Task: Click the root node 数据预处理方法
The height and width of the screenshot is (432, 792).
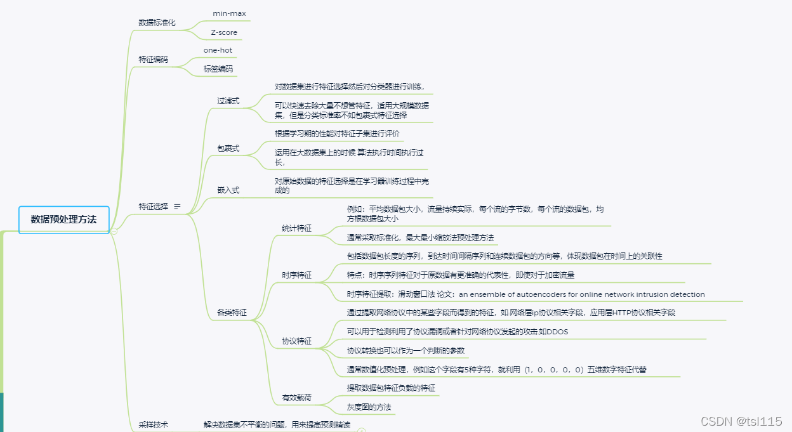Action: click(x=64, y=219)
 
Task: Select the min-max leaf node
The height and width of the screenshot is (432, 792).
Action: click(x=229, y=13)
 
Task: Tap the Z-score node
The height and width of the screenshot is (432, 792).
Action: click(x=224, y=32)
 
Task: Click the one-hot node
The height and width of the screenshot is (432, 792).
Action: click(x=213, y=49)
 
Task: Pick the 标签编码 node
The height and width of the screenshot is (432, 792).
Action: click(x=218, y=69)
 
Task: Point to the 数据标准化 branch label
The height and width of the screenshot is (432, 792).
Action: click(x=157, y=22)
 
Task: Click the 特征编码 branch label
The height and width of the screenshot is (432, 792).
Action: click(x=154, y=59)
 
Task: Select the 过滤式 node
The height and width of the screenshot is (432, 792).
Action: click(x=228, y=101)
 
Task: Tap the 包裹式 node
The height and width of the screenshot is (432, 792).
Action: click(x=228, y=148)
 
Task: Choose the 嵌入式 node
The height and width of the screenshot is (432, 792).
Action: click(x=228, y=190)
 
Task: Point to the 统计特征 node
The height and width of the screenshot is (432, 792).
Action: click(x=297, y=228)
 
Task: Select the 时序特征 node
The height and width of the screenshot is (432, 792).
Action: click(x=297, y=275)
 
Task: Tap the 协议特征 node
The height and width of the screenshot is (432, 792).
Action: click(x=297, y=341)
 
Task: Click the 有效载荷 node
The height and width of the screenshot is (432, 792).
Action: click(x=297, y=398)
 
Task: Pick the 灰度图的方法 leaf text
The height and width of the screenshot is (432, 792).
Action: click(x=369, y=407)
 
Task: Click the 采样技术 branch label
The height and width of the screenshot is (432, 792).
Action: click(x=154, y=424)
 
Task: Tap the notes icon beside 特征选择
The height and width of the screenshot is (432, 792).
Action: click(x=177, y=206)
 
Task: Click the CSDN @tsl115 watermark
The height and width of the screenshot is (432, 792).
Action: click(x=741, y=421)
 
